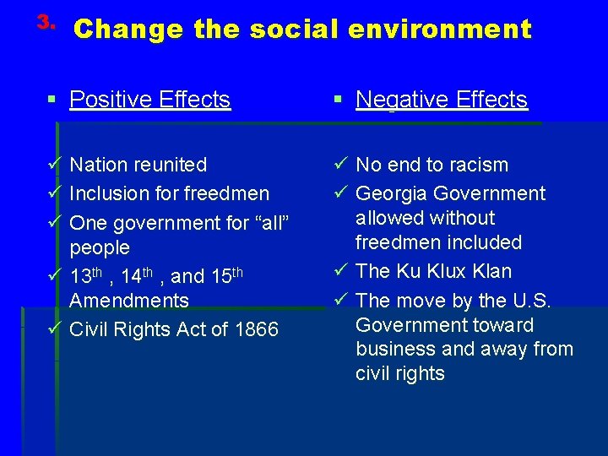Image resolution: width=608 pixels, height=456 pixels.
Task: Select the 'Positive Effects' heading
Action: (149, 100)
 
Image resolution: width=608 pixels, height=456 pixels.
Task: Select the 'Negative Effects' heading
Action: (441, 100)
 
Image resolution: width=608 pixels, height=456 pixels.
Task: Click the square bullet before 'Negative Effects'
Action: (338, 100)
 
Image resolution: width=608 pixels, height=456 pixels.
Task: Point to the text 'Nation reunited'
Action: (138, 165)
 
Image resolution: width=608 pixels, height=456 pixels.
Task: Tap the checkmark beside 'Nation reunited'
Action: (55, 164)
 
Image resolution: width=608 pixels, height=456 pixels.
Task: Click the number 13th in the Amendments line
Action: (85, 276)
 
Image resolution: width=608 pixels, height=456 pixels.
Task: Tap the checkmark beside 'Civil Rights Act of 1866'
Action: (55, 328)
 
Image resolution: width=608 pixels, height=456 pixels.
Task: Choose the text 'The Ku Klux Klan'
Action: (433, 271)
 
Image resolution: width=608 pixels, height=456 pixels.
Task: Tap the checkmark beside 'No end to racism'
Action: (341, 164)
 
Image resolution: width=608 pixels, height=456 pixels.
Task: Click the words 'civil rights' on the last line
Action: (399, 373)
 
